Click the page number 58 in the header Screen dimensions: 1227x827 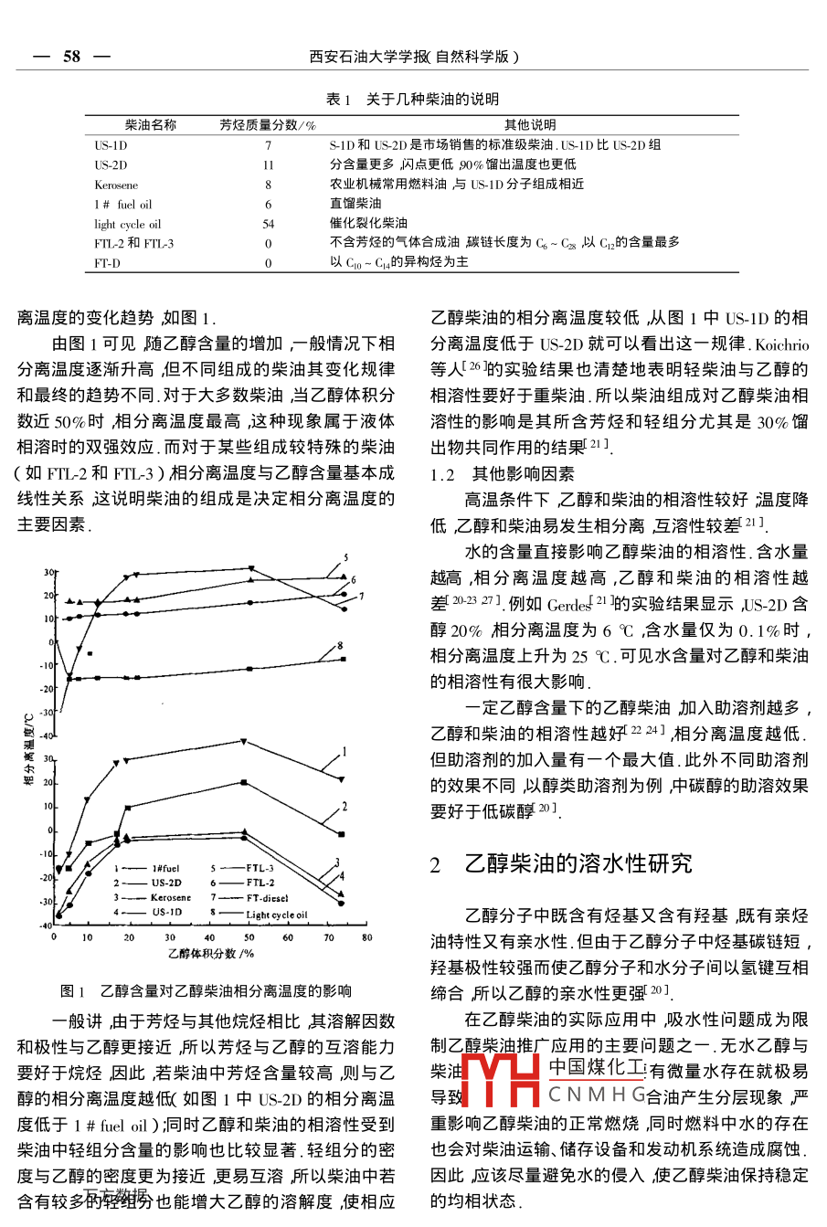pos(71,57)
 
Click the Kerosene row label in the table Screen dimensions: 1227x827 pos(116,185)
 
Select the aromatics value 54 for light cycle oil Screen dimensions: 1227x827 pos(269,224)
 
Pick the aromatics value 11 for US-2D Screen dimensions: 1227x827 pos(269,165)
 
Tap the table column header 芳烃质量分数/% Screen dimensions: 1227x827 pos(268,125)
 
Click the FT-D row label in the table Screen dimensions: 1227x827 pos(107,263)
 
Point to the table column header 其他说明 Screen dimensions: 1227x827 pos(530,125)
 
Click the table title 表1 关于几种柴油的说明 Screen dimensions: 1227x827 pos(412,99)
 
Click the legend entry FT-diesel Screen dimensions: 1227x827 pos(267,898)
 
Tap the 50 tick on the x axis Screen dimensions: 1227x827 pos(249,937)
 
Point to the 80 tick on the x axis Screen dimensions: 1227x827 pos(367,937)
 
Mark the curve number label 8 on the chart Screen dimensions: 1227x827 pos(341,647)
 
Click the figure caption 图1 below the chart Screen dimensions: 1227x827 pos(206,990)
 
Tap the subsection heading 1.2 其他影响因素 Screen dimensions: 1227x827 pos(503,474)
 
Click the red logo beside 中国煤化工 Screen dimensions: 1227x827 pos(501,1081)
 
